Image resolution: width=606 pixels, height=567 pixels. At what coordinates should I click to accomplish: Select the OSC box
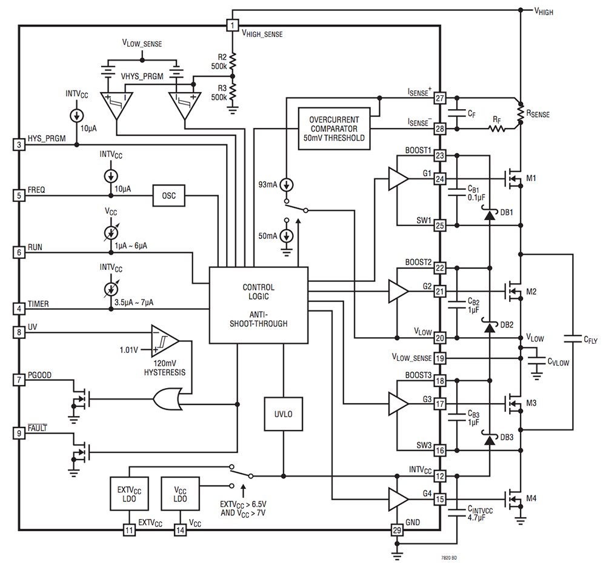tap(168, 195)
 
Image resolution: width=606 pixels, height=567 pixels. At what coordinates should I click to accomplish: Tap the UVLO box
tap(282, 414)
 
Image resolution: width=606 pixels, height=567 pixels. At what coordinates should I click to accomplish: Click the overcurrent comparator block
tap(334, 129)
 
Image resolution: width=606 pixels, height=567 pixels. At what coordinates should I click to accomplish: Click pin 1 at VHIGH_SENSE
tap(232, 25)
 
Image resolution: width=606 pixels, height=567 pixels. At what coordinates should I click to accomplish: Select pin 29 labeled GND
tap(396, 531)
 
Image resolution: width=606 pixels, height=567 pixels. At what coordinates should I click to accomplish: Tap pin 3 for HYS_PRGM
tap(19, 144)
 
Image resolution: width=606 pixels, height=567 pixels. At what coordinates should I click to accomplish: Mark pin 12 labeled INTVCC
tap(440, 477)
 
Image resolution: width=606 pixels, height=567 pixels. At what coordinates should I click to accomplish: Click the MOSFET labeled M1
tap(514, 178)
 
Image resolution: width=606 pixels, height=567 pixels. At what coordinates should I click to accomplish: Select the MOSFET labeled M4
tap(514, 499)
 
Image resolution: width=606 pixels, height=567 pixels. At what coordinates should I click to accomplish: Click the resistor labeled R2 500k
tap(232, 61)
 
